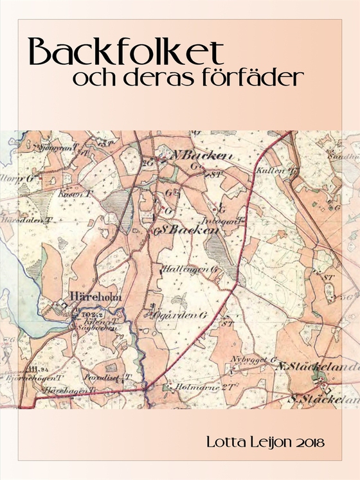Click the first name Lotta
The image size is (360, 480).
point(222,443)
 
